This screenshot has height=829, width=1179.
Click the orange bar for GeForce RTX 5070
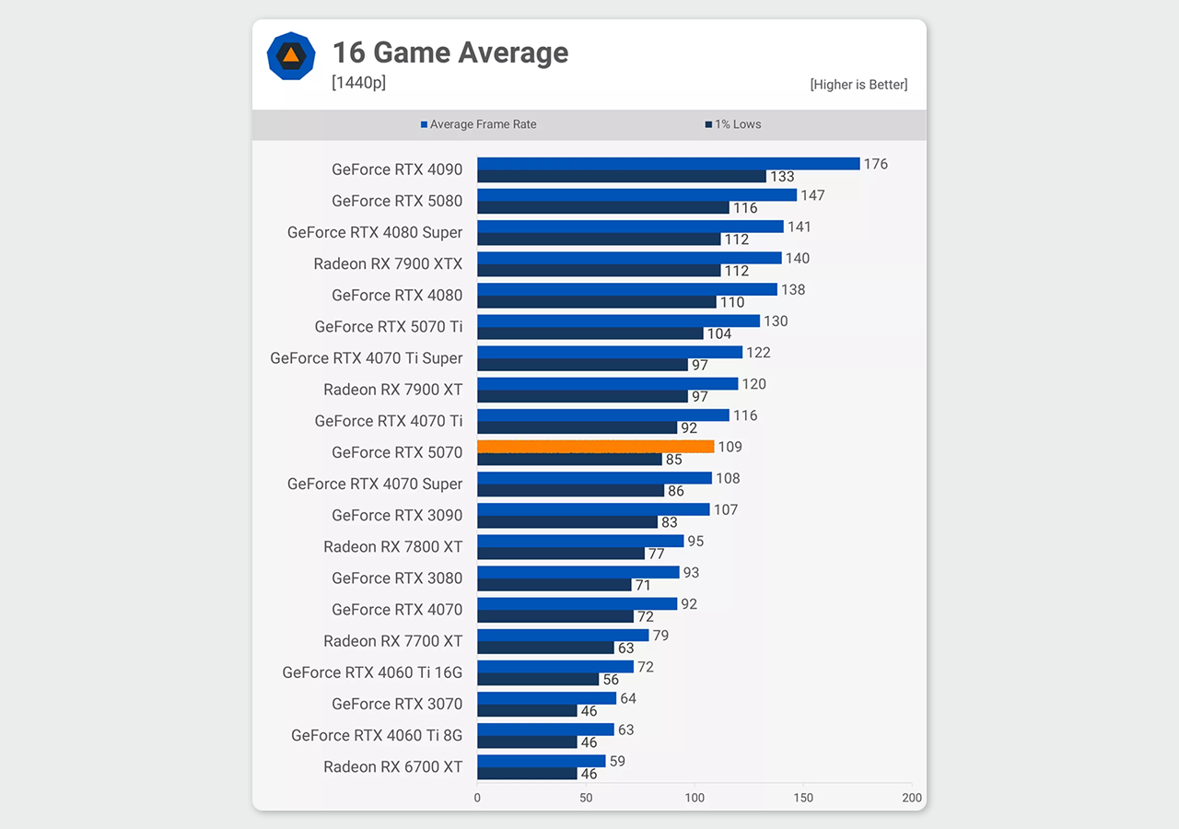[595, 446]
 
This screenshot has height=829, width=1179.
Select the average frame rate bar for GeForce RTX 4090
[668, 163]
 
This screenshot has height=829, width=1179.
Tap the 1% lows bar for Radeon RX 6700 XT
[527, 774]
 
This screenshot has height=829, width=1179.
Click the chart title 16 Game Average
[449, 53]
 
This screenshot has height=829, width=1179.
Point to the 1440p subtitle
[358, 83]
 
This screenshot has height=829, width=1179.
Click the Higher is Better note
[858, 85]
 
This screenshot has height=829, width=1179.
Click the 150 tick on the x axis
[803, 798]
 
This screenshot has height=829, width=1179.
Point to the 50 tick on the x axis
[586, 798]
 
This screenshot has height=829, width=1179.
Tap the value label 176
[875, 164]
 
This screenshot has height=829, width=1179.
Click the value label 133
[782, 177]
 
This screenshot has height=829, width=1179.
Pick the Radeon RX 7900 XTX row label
[388, 264]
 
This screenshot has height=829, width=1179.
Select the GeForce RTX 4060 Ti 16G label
[372, 672]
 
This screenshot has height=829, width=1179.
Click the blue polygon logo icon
[291, 55]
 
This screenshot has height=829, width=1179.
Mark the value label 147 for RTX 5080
[812, 195]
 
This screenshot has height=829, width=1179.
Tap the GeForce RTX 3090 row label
[397, 516]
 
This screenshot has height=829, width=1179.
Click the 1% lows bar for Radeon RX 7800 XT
[561, 554]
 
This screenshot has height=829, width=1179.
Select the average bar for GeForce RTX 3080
[578, 572]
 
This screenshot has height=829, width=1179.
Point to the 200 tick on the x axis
[912, 798]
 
